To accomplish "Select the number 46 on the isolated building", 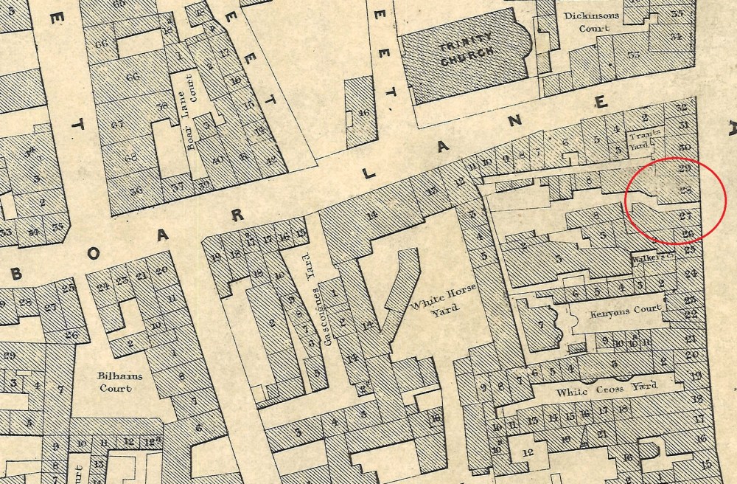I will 362,113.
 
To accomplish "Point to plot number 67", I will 118,125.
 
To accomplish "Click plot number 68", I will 131,157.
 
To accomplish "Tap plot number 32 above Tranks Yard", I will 681,107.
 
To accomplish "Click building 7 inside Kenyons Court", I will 542,325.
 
